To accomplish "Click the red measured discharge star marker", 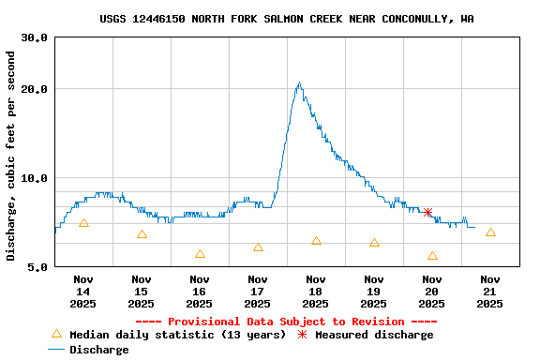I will (x=428, y=213).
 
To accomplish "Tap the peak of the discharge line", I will (x=299, y=83).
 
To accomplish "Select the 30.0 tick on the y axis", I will (x=35, y=37).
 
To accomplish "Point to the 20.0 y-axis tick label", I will (x=35, y=89).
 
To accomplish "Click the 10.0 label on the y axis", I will (x=35, y=178).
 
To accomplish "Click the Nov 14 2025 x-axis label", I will (x=83, y=291).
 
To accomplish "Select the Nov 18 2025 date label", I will (x=316, y=291).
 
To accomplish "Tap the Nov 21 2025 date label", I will (x=490, y=291).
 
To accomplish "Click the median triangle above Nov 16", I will (x=200, y=254).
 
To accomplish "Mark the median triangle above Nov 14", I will (x=83, y=223).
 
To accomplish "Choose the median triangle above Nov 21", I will (x=490, y=232).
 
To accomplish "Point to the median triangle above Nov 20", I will (x=432, y=256).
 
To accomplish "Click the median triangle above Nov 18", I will (x=316, y=241).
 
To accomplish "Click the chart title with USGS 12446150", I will (x=287, y=19).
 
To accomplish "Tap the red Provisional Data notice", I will (x=287, y=322).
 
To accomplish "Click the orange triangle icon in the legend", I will (x=56, y=335).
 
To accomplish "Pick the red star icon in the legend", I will (x=302, y=335).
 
